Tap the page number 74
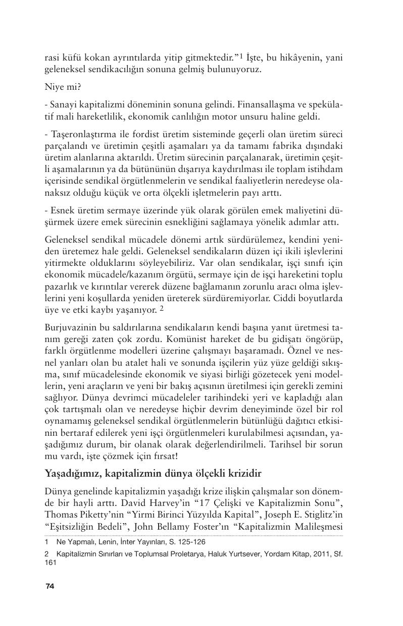click(x=49, y=586)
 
